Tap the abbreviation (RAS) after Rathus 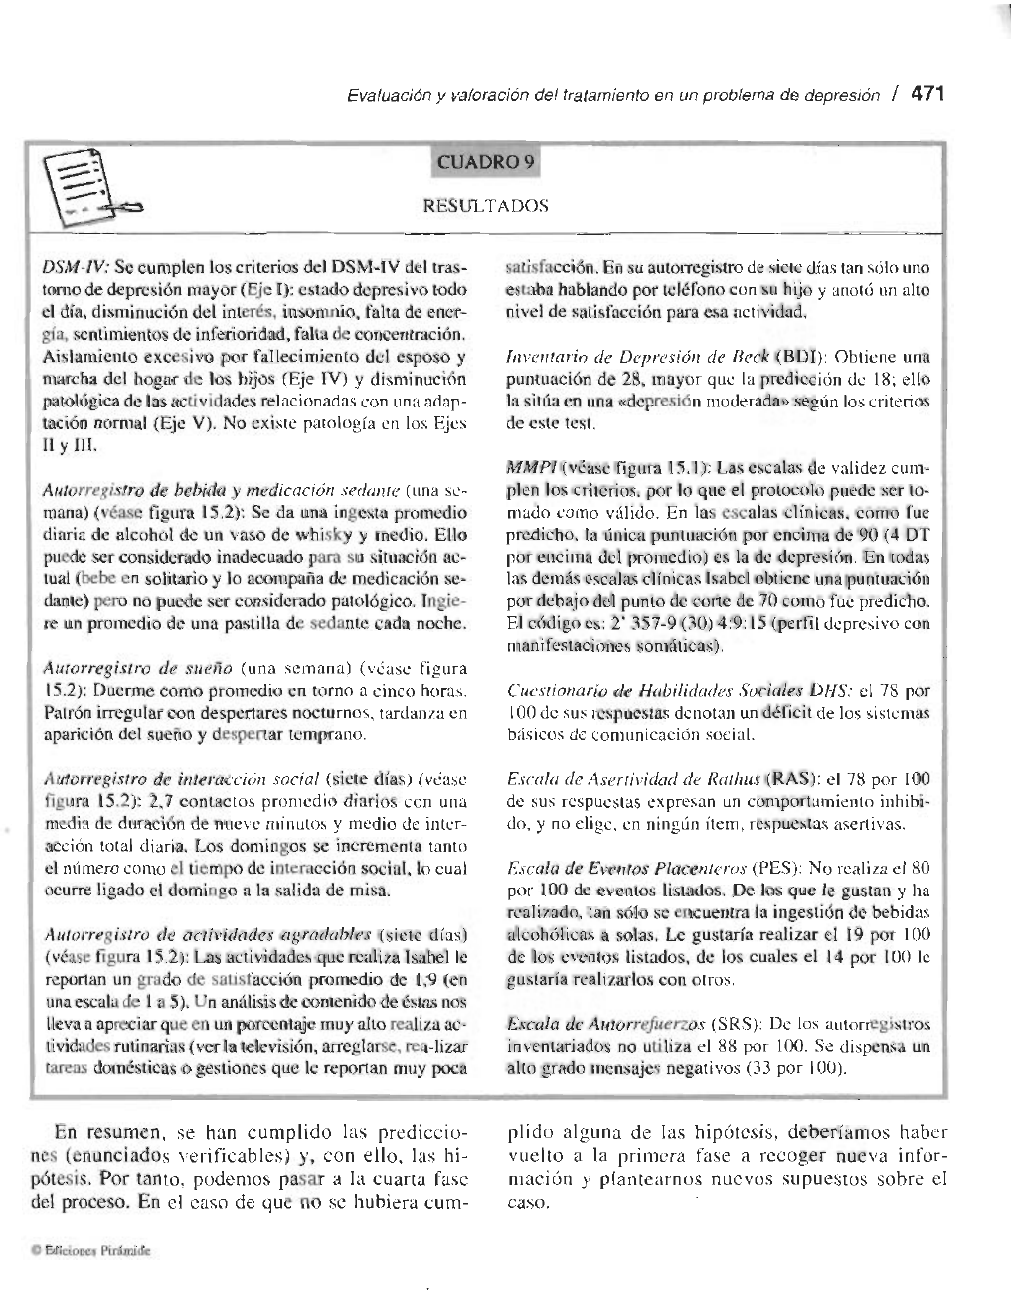pyautogui.click(x=790, y=776)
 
